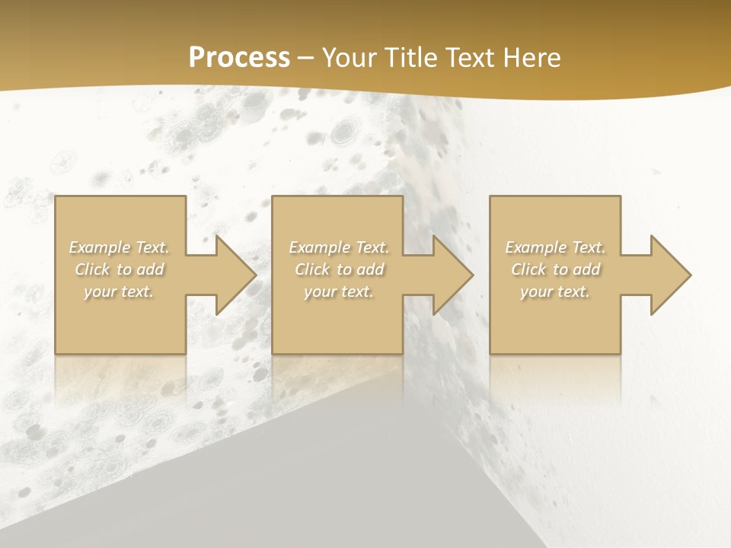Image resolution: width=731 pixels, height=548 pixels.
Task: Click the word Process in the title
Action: coord(239,58)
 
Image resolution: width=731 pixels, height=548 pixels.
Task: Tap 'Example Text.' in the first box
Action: coord(120,247)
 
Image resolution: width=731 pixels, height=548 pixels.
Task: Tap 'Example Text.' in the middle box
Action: coord(339,247)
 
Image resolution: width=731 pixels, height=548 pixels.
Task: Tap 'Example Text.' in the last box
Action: coord(555,247)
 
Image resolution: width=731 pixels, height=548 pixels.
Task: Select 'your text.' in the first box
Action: coord(119,292)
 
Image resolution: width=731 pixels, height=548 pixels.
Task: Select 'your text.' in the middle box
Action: coord(338,292)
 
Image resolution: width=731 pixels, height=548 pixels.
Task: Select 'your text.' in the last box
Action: coord(554,292)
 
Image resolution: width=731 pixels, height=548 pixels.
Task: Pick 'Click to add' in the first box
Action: coord(120,269)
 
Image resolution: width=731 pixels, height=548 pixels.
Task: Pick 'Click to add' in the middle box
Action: coord(339,269)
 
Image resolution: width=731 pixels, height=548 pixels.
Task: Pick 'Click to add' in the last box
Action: coord(555,269)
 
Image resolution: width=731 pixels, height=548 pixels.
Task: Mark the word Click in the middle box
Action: coord(311,269)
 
